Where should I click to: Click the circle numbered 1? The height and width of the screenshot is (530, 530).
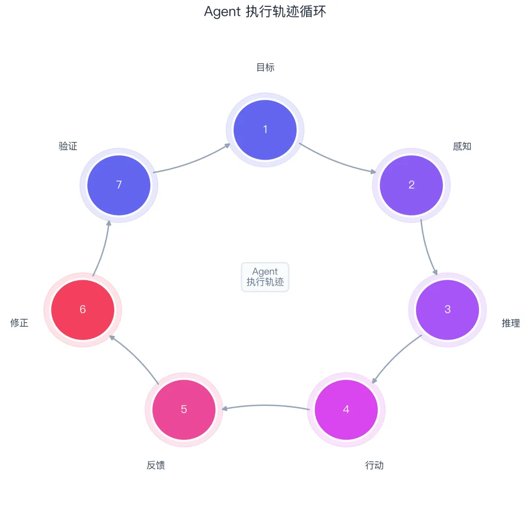(x=265, y=130)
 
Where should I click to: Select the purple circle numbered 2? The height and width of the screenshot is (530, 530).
(x=411, y=185)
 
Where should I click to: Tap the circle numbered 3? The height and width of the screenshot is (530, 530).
(x=447, y=309)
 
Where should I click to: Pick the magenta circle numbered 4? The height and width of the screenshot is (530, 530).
(x=346, y=409)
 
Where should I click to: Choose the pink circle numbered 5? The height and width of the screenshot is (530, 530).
(x=184, y=409)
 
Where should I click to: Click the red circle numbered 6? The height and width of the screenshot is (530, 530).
(x=82, y=309)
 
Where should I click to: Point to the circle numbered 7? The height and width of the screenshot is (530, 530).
(x=119, y=185)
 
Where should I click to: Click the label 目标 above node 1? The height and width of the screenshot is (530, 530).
(x=265, y=68)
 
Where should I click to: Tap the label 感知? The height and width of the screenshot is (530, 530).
(x=462, y=146)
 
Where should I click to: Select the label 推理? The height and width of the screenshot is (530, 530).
(x=510, y=323)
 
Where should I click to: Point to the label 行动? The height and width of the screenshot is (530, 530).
(x=374, y=465)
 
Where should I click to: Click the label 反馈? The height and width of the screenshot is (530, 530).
(x=156, y=465)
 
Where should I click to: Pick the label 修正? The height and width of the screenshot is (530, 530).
(x=20, y=323)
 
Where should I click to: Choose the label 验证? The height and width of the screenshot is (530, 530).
(x=68, y=146)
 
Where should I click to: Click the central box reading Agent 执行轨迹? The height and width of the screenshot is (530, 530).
(x=265, y=277)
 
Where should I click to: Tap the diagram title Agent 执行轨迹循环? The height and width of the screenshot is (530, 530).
(x=265, y=12)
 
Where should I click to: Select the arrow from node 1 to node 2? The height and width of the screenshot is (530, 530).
(x=339, y=161)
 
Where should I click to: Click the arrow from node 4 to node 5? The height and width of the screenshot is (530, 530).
(x=265, y=405)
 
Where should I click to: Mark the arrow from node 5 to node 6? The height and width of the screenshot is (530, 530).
(x=133, y=358)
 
